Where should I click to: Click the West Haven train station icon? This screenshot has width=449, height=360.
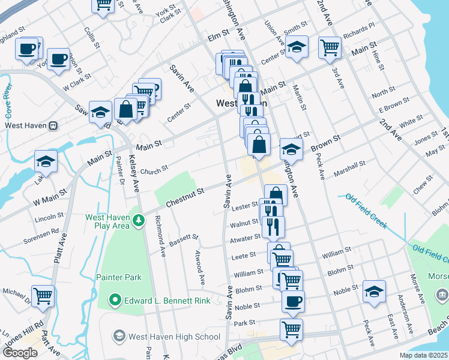(x=53, y=126)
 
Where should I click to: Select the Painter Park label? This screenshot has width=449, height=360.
(x=119, y=277)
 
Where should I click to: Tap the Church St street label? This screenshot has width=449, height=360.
(x=154, y=172)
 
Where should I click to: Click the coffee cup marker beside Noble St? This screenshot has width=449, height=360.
(x=293, y=301)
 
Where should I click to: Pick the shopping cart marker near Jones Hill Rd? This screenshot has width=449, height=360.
(x=43, y=295)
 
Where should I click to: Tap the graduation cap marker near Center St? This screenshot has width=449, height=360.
(x=297, y=47)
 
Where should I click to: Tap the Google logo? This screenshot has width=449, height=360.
(x=20, y=353)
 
